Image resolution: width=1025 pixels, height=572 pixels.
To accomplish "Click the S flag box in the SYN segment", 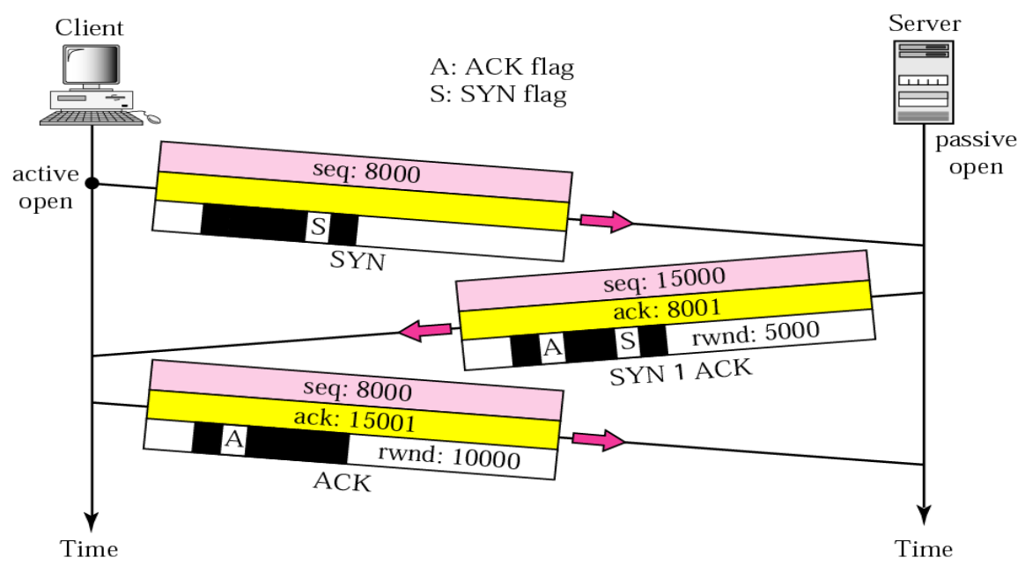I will (x=317, y=229).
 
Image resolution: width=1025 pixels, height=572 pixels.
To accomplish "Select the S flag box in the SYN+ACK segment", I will (x=626, y=340).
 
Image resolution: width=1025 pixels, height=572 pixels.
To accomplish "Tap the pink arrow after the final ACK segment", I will (x=599, y=439).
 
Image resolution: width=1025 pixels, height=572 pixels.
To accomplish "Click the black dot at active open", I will (x=92, y=184).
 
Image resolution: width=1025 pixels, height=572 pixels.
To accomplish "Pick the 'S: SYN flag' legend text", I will (x=498, y=94).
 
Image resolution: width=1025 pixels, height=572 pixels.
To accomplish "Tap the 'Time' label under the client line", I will (x=89, y=550).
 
